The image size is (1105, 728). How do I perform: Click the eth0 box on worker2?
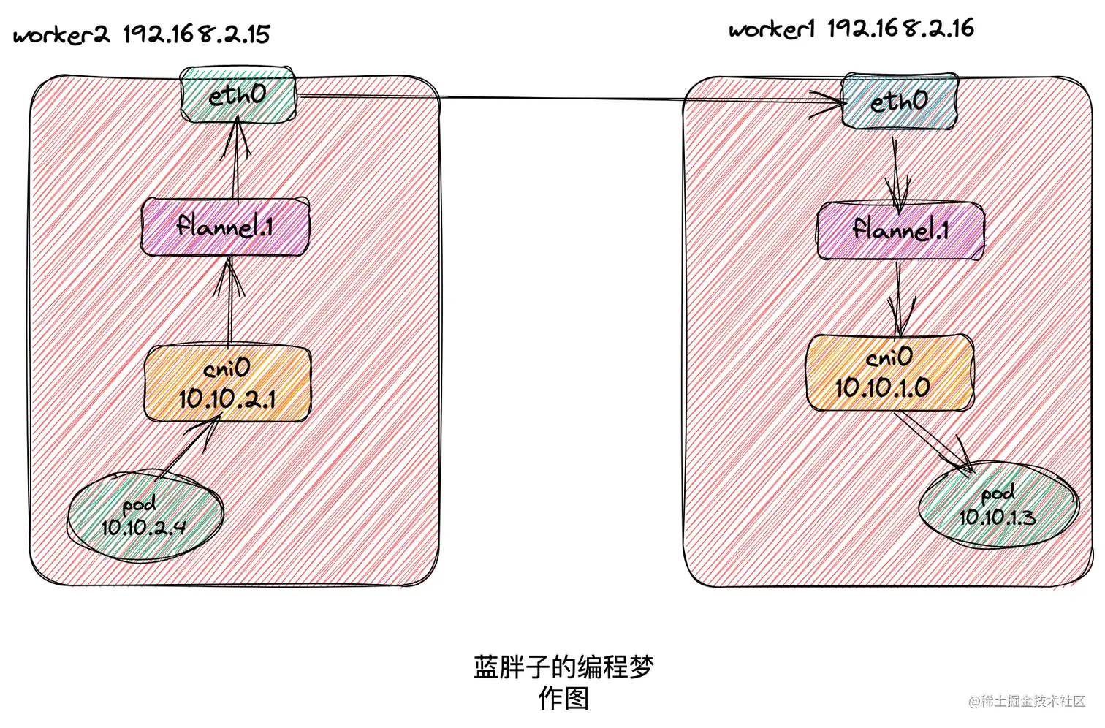point(238,95)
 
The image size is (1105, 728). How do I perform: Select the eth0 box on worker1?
point(899,101)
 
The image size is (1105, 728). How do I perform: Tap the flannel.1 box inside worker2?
point(224,227)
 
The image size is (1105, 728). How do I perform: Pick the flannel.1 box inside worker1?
point(900,231)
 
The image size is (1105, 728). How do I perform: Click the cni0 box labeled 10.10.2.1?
point(227,384)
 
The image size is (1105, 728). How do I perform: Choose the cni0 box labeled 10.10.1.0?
point(889,373)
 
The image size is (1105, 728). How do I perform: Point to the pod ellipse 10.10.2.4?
point(145,516)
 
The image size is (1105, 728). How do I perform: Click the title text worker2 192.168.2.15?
point(142,34)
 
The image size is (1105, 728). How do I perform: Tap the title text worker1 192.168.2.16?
point(851,29)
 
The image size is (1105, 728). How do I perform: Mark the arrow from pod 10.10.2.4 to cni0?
point(189,447)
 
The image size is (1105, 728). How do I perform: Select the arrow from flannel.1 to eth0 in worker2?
point(236,161)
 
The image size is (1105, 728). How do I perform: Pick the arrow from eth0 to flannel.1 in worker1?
point(897,170)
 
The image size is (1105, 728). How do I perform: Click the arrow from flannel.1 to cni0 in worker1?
point(899,298)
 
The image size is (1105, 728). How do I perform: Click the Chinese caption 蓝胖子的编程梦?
point(563,667)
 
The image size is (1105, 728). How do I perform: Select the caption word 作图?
point(563,699)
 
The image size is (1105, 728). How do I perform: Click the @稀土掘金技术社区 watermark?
point(1027,701)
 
